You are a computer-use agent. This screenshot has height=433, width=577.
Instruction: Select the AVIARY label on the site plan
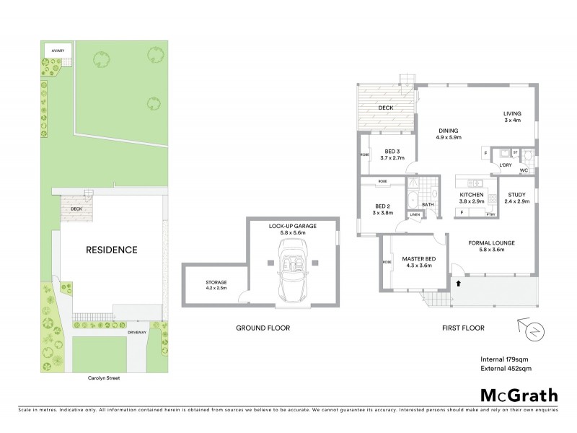58,51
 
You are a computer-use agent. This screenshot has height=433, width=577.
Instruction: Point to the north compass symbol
534,331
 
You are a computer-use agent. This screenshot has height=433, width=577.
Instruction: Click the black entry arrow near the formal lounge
457,283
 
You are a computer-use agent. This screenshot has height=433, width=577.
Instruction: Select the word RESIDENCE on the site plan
112,250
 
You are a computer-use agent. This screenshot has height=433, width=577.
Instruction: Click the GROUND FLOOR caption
263,328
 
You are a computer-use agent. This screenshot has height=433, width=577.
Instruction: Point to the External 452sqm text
506,369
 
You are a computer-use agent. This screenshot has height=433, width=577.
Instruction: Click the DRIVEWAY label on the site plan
138,333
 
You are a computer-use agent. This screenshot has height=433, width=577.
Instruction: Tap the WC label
524,170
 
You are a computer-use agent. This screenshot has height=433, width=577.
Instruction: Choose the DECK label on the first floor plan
385,108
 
